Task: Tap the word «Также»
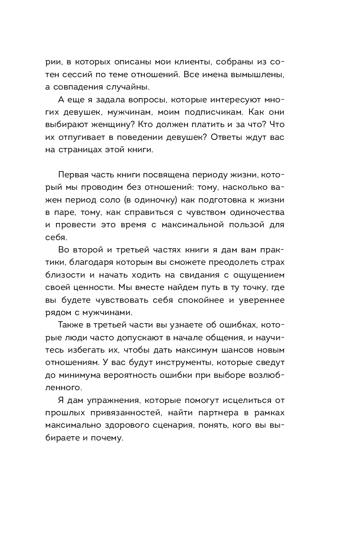69,325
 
